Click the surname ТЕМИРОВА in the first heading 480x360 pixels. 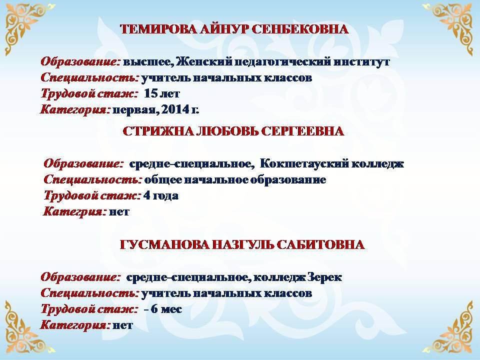158,29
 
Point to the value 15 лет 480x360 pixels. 161,93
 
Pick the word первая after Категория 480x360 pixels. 135,110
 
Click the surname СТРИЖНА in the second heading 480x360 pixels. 158,131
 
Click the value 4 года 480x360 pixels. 161,195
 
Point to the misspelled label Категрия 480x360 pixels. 74,211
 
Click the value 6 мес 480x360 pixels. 166,309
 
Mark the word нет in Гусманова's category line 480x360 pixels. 123,325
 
